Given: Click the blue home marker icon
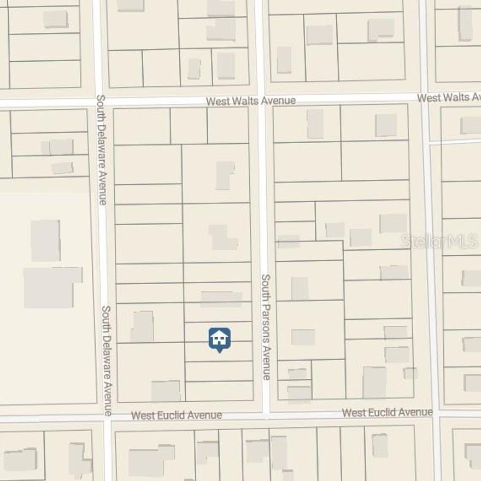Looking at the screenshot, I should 219,339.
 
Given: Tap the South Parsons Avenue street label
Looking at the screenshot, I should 266,327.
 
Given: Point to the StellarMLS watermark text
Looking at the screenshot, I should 439,241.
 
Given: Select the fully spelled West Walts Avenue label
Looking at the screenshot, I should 251,101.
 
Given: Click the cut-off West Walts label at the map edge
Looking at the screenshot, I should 449,97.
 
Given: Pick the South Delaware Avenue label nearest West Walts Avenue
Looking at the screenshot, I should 101,150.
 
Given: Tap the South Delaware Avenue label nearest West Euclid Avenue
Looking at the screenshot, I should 108,360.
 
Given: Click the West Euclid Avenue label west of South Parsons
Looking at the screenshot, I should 177,415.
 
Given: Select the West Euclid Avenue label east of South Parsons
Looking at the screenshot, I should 387,412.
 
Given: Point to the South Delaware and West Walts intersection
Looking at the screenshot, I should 98,102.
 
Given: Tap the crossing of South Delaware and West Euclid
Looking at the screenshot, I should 107,418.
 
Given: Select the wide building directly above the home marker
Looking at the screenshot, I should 221,299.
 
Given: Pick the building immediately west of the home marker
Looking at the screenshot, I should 142,326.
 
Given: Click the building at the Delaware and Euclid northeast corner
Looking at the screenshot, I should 166,391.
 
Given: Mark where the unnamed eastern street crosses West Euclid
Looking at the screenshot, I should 436,412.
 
